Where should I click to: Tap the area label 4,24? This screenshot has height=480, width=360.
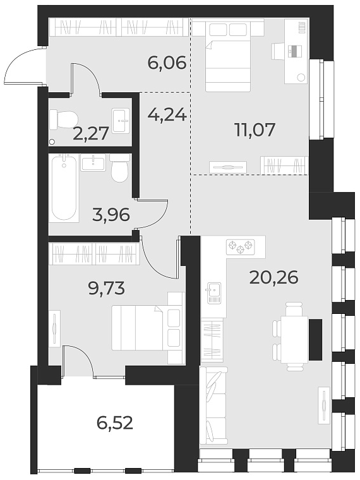tap(167, 115)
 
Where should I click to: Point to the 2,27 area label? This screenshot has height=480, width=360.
tap(91, 133)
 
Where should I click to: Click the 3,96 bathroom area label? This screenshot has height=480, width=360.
tap(111, 215)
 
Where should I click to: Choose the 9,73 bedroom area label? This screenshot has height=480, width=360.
tap(106, 289)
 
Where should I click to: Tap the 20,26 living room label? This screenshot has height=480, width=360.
tap(273, 277)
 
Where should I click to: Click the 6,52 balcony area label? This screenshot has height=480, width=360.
tap(115, 422)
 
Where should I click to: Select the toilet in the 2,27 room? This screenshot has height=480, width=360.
tap(64, 118)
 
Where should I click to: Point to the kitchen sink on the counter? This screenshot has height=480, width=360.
tap(213, 291)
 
